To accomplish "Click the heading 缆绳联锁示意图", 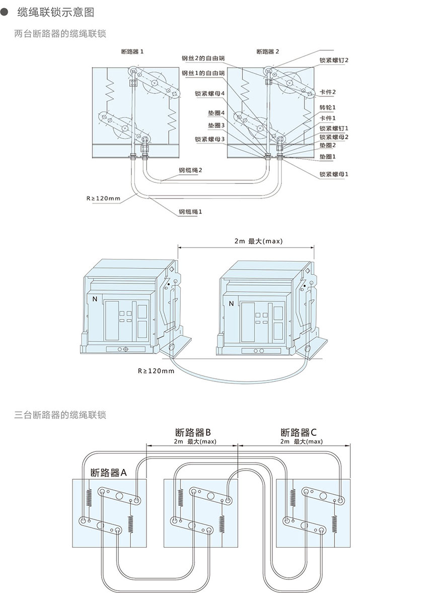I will point(55,12).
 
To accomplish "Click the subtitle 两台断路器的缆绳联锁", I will point(60,34).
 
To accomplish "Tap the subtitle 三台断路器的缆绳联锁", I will point(60,415).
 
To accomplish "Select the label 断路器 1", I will point(132,51).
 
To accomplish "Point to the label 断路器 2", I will point(267,51).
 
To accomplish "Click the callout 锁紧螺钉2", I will point(334,60).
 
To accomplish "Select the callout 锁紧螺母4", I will point(209,94).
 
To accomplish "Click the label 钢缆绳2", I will point(190,170).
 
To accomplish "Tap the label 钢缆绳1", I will point(190,212).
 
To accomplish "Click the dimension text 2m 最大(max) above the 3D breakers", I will point(258,241).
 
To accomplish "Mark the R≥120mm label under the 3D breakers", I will point(156,371).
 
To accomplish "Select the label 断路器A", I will point(109,473).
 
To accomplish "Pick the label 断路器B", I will point(193,432).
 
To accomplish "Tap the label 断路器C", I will point(299,432).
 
